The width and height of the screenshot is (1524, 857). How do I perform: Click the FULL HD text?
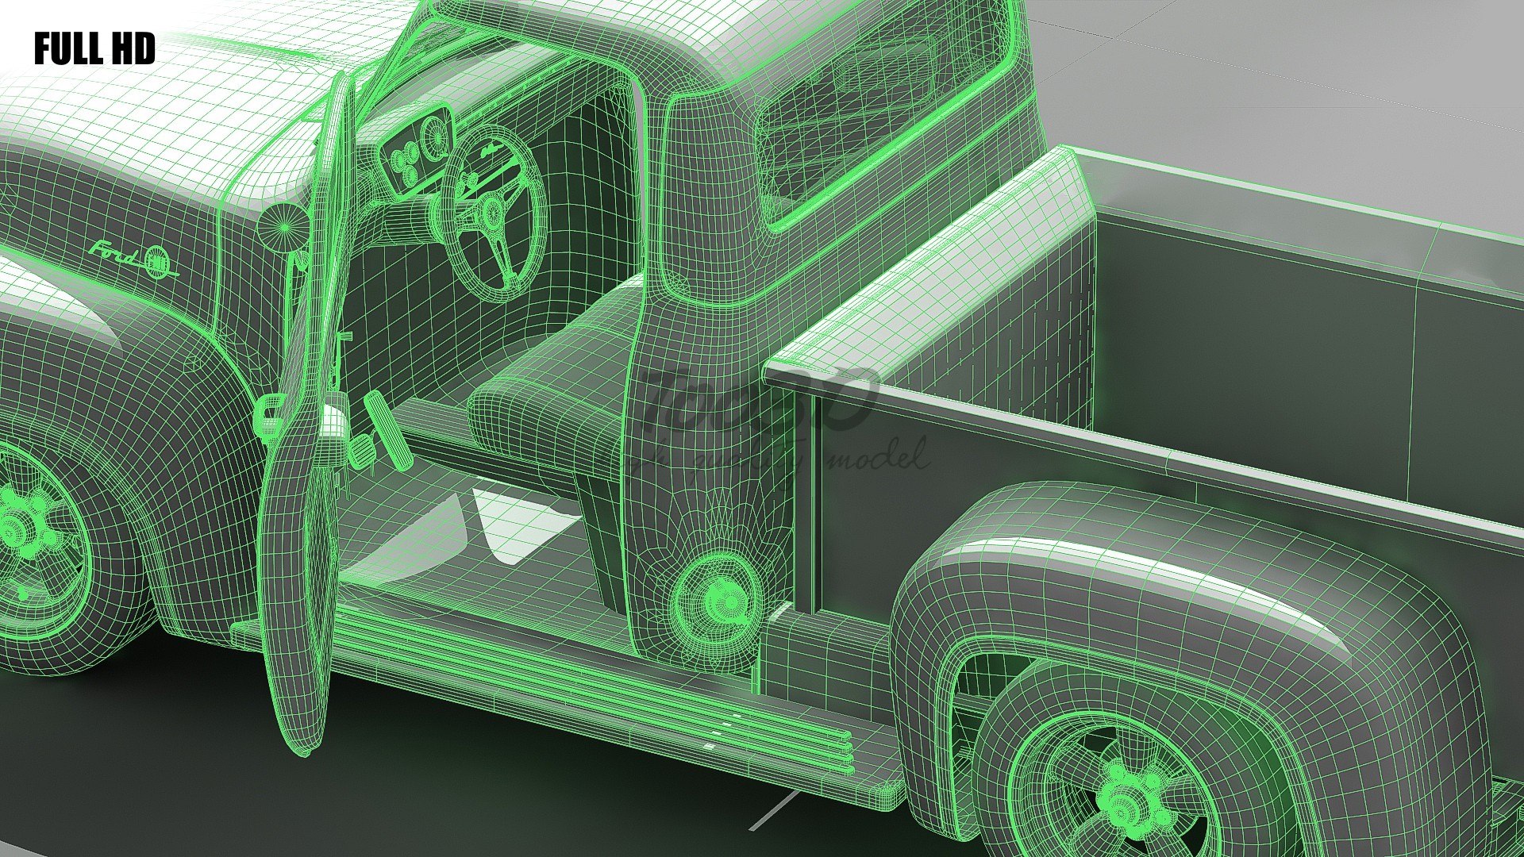(x=94, y=49)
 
